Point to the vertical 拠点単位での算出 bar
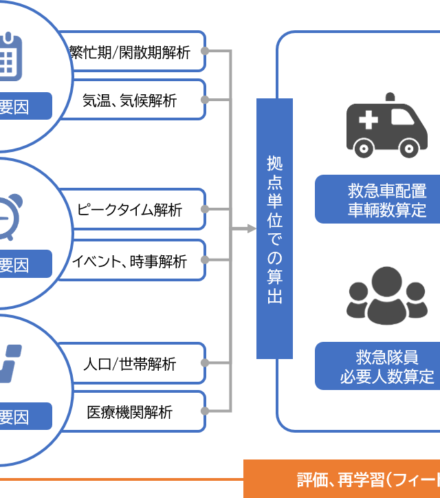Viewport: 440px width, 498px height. (274, 228)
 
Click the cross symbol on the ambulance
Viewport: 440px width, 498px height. (368, 120)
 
